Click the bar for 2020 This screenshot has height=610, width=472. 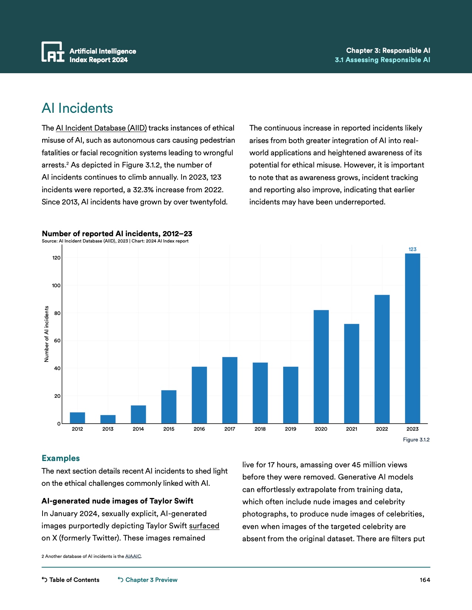point(321,367)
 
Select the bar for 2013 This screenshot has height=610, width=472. point(108,419)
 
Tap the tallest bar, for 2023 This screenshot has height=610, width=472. point(412,338)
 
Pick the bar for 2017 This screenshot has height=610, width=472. point(230,390)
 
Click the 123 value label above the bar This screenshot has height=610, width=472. point(412,249)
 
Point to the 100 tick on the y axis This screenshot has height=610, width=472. point(56,285)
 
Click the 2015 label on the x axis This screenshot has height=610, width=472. point(169,429)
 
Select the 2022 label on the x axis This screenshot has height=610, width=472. point(382,429)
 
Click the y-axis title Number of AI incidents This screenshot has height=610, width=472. point(47,334)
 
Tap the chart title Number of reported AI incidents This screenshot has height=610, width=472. point(117,234)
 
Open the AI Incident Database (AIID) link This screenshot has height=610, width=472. point(101,128)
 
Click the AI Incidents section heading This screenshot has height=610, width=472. point(77,108)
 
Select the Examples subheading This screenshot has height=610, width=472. point(61,458)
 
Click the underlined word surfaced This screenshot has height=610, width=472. point(204,526)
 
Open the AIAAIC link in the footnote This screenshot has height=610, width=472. point(133,556)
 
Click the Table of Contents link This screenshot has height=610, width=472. point(71,580)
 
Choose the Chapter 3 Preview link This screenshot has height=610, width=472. point(148,580)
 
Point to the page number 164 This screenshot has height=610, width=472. point(425,580)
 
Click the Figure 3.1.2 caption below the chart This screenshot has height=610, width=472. point(416,440)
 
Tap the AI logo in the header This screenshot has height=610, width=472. point(53,52)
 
